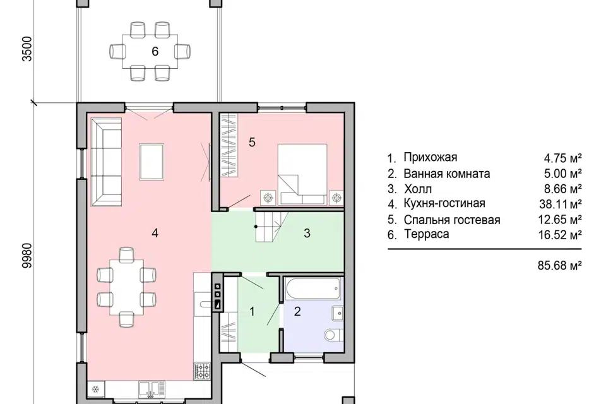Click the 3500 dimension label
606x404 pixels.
click(x=27, y=49)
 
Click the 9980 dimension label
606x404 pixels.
click(x=27, y=255)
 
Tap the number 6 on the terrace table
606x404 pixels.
click(x=155, y=51)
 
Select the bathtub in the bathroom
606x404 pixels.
click(x=314, y=288)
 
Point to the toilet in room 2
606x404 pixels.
click(x=334, y=335)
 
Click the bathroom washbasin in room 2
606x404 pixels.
click(x=338, y=313)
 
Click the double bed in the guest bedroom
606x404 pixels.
click(x=302, y=174)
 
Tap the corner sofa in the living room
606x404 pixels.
click(x=106, y=162)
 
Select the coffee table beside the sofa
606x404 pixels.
click(x=151, y=162)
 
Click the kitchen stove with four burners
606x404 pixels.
click(x=202, y=371)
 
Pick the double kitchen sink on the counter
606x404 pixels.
click(x=151, y=389)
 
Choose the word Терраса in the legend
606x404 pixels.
click(x=426, y=234)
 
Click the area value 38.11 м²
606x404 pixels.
click(x=561, y=204)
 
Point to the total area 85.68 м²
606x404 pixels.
click(x=560, y=266)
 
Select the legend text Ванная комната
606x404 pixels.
click(x=447, y=174)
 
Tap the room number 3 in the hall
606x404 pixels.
click(x=307, y=233)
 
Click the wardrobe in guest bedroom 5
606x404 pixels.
click(x=229, y=145)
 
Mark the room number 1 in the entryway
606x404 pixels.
click(x=252, y=311)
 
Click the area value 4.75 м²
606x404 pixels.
click(x=562, y=158)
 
